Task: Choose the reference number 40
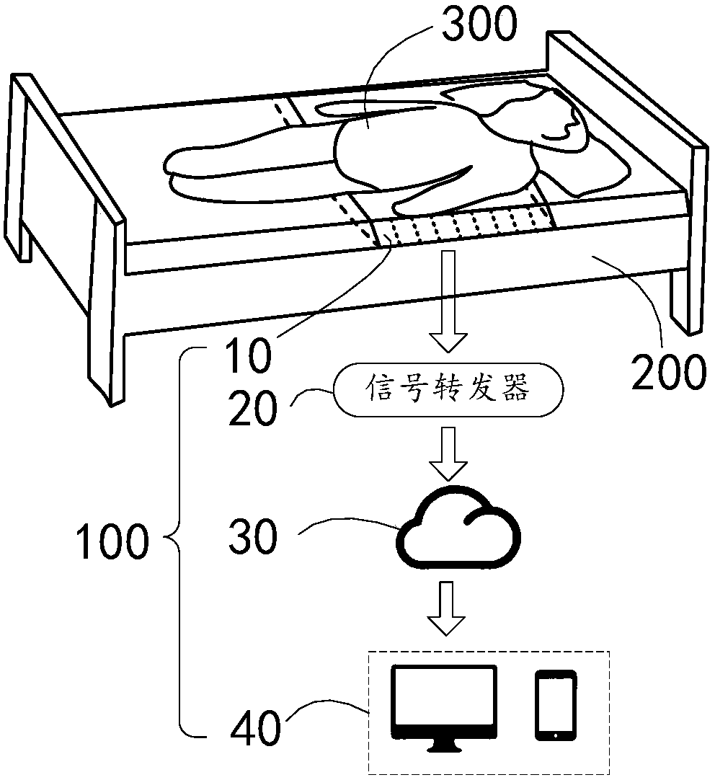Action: (255, 729)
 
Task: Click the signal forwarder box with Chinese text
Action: (448, 392)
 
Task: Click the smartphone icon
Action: (555, 705)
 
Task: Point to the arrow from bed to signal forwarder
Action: (448, 301)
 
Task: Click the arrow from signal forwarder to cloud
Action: (448, 453)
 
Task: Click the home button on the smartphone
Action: (555, 735)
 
